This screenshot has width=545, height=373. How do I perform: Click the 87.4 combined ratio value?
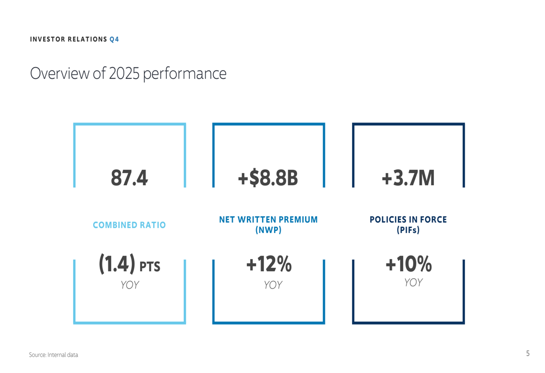click(129, 178)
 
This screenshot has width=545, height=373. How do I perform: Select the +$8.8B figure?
click(268, 178)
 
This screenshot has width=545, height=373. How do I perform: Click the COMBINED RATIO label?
click(129, 225)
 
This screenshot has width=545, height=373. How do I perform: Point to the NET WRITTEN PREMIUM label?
click(268, 219)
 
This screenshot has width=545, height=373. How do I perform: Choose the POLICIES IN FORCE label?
click(408, 219)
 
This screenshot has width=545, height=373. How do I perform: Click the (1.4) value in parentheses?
click(117, 265)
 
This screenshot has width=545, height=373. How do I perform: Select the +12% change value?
click(269, 265)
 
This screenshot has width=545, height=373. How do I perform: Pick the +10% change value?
click(408, 265)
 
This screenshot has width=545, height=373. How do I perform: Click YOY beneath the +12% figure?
click(272, 285)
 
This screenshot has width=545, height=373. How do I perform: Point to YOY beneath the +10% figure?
click(413, 282)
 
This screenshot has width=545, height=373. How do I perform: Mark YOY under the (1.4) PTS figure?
click(129, 285)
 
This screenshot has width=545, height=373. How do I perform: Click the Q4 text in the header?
click(114, 39)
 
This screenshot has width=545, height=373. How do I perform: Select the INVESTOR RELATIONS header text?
click(68, 39)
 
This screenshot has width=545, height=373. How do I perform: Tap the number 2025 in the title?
click(124, 74)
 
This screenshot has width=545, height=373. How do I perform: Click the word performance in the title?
click(184, 74)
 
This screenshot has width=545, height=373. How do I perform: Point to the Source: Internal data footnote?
click(53, 355)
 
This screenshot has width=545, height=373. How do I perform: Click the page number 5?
click(528, 353)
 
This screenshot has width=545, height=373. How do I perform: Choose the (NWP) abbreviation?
click(268, 230)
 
